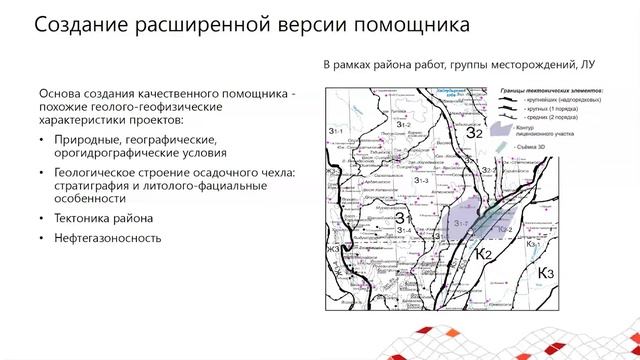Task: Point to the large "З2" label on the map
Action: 474,132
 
